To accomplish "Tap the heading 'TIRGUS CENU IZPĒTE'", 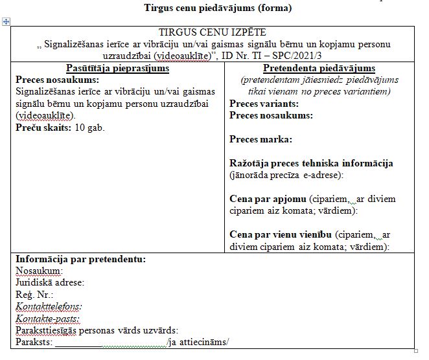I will click(212, 32).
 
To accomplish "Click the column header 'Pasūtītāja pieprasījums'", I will click(117, 69).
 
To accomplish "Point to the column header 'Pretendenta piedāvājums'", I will click(319, 69).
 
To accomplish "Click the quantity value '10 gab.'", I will click(90, 127).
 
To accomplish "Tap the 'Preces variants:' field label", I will click(264, 104).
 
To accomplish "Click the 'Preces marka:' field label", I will click(260, 139).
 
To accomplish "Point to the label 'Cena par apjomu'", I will click(268, 199).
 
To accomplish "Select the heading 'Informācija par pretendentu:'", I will click(80, 259).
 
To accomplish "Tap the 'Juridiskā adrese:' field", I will click(50, 282).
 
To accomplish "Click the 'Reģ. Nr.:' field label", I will click(35, 295).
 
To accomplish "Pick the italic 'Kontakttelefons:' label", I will click(49, 306).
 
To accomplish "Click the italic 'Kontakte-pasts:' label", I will click(47, 319).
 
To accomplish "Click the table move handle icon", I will click(6, 22).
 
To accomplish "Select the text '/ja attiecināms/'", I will click(198, 342).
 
